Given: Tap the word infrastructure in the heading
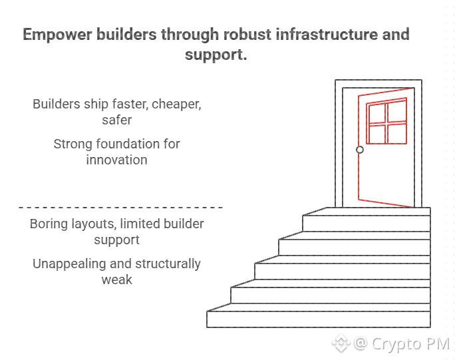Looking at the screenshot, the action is click(327, 34).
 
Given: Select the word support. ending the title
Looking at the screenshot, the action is click(216, 55).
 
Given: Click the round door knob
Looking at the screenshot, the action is click(360, 150).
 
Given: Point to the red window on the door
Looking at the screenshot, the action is click(386, 120).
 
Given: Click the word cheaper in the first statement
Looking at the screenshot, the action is click(176, 104).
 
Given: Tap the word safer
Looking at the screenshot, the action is click(116, 120).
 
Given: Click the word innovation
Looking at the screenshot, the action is click(116, 160).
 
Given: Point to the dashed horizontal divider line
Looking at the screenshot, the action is click(120, 208).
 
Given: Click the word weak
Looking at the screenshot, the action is click(116, 280).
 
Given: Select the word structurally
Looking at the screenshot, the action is click(168, 264).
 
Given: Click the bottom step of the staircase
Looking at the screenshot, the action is click(319, 319).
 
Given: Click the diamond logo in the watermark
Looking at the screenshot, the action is click(341, 343).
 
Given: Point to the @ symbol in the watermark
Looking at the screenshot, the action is click(361, 343).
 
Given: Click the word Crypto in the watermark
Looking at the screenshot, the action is click(396, 344).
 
